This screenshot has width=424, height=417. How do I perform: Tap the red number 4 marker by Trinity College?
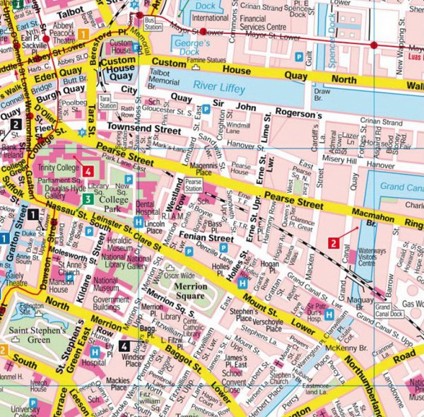pyautogui.click(x=88, y=171)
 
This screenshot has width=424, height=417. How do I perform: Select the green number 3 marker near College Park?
pyautogui.click(x=86, y=199)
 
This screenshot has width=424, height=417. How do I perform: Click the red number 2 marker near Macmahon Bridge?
pyautogui.click(x=332, y=243)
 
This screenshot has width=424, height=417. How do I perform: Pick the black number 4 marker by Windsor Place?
pyautogui.click(x=124, y=346)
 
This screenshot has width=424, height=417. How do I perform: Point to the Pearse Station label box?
pyautogui.click(x=193, y=186)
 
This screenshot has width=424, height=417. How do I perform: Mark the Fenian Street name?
pyautogui.click(x=206, y=239)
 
